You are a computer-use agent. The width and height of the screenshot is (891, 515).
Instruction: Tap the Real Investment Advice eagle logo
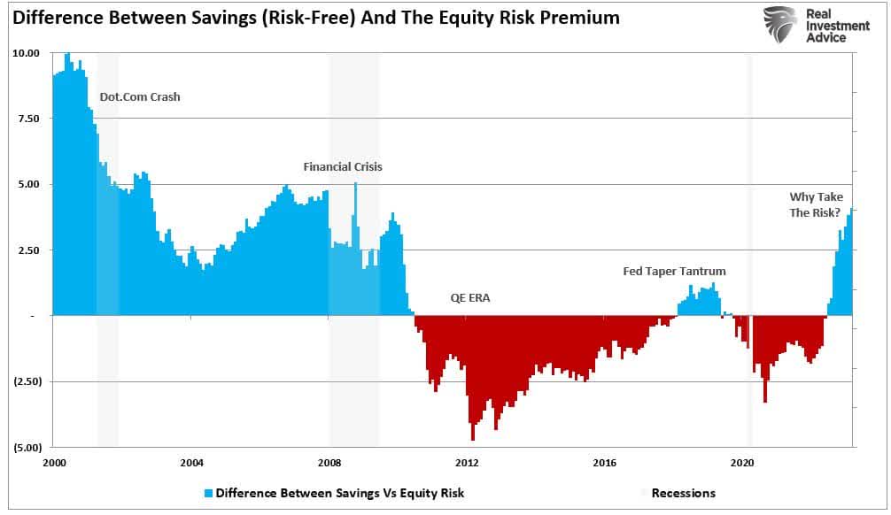779,25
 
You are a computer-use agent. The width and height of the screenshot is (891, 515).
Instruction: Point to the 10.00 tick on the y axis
26,53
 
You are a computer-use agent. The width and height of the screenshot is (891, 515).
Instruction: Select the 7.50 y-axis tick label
28,119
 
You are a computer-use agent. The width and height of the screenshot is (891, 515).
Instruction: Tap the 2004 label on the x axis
191,463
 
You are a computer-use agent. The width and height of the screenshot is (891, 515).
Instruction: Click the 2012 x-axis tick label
467,463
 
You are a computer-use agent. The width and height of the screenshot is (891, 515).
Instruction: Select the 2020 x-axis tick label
742,463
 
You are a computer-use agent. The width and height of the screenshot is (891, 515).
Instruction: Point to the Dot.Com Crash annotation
139,96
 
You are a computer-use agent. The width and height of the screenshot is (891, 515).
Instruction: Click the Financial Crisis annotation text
343,166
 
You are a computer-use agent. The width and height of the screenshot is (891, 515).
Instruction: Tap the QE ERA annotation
469,298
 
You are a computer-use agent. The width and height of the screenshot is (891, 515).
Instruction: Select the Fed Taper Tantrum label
674,272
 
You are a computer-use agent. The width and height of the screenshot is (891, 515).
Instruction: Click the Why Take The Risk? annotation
816,204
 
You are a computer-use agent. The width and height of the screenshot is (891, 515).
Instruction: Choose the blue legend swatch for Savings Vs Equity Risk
209,493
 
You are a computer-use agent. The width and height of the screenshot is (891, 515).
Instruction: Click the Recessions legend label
683,493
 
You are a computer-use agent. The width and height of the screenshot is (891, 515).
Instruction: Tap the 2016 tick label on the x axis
605,463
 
